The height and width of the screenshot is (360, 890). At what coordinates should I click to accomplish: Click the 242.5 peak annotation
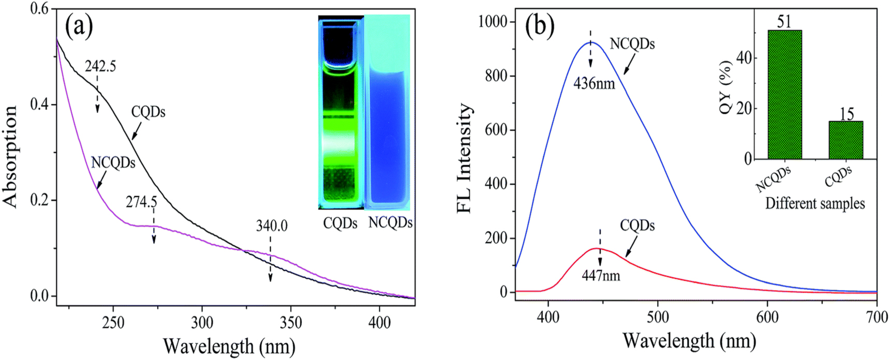(100, 67)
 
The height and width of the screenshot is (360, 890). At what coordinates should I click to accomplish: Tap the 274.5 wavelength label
(141, 202)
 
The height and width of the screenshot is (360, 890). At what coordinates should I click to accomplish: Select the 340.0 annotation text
(271, 226)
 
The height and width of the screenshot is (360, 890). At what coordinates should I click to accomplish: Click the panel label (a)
(79, 26)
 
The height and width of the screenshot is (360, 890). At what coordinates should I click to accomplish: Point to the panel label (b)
(540, 26)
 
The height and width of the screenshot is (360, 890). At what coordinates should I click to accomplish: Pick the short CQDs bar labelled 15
(845, 140)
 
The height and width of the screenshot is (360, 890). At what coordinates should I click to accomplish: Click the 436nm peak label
(594, 83)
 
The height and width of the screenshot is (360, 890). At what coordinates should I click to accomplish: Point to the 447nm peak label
(600, 276)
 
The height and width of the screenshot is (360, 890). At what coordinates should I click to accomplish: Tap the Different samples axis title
(815, 203)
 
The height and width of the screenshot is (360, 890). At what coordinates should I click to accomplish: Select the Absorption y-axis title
(11, 156)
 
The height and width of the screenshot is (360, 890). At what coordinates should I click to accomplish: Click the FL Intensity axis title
(465, 158)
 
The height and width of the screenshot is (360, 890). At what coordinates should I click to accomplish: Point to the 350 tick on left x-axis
(291, 323)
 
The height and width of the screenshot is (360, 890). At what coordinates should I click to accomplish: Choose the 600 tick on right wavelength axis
(767, 317)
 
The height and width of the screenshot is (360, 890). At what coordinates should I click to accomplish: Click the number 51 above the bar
(784, 21)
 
